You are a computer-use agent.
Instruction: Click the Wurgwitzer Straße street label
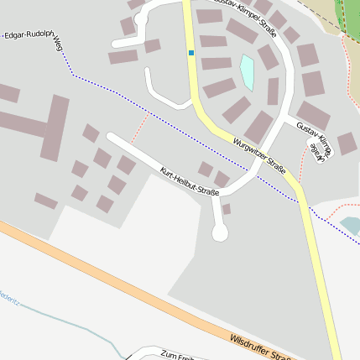(x=260, y=156)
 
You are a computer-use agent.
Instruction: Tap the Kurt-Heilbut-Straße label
(x=189, y=181)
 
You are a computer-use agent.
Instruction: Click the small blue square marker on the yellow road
(x=191, y=53)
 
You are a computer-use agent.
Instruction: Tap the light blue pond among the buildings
(x=248, y=71)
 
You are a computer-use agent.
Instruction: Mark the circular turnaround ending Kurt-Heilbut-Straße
(x=220, y=234)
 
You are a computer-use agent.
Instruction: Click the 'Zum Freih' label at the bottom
(x=177, y=356)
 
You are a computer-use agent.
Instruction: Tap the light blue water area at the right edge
(x=351, y=225)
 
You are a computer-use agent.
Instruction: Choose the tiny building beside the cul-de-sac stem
(x=227, y=208)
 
